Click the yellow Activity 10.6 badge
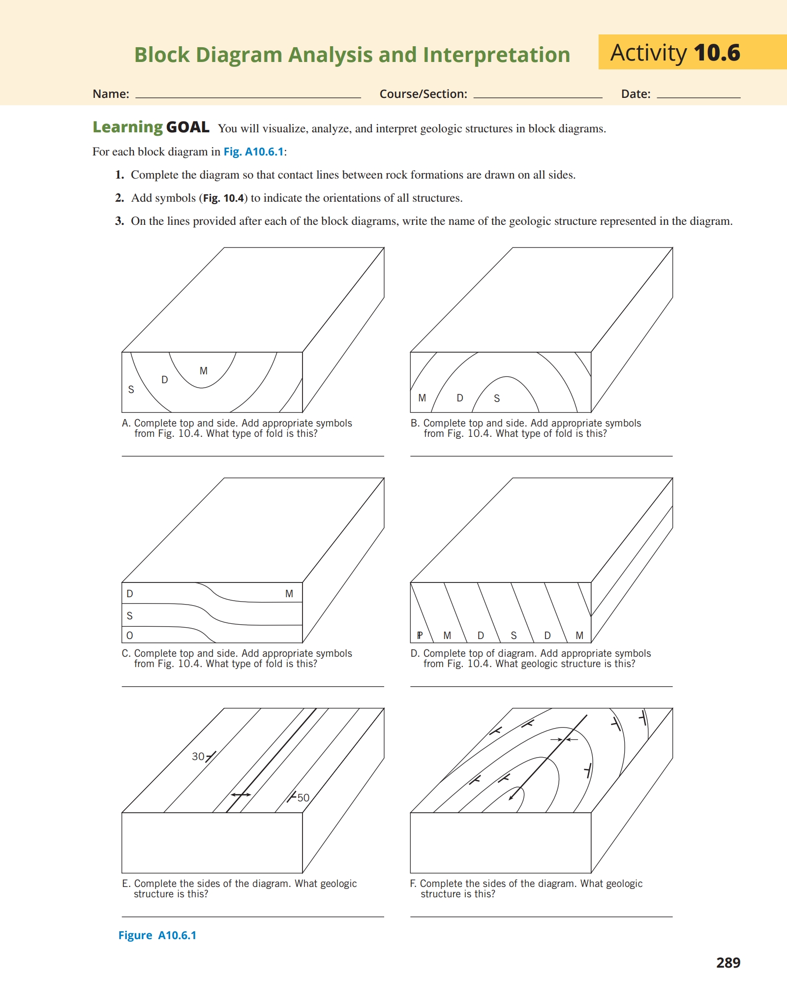click(692, 52)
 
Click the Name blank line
click(248, 96)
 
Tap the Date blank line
click(698, 96)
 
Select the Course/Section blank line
click(538, 96)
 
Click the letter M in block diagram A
click(204, 371)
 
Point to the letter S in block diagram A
click(131, 390)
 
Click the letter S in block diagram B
click(497, 398)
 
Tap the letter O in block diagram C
click(130, 636)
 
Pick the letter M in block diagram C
click(289, 594)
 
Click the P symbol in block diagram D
click(420, 636)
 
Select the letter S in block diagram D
click(514, 636)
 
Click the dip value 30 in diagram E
click(198, 756)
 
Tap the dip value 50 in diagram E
click(303, 797)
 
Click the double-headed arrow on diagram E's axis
click(241, 794)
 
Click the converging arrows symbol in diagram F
click(564, 739)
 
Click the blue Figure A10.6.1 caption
click(157, 935)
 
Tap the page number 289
click(728, 962)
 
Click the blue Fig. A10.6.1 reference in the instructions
click(254, 152)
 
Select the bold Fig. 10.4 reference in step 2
click(224, 198)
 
